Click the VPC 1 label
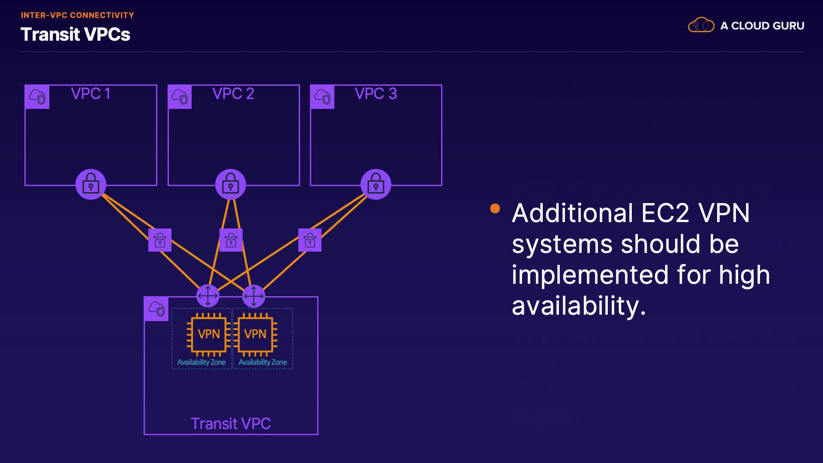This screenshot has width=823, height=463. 90,93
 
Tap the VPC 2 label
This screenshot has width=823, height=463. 233,93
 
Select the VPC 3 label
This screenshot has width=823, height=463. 375,93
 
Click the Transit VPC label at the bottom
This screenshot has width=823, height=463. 231,424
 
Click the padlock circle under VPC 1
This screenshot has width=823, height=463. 91,184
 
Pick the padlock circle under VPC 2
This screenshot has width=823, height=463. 231,184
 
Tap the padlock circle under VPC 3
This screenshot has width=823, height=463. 376,184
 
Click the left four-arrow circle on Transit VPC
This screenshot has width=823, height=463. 208,296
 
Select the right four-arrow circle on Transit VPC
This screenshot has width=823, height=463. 254,296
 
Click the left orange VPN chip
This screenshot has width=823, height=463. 208,334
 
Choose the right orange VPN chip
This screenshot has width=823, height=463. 255,334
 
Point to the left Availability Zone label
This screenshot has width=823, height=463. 201,362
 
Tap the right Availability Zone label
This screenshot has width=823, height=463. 263,362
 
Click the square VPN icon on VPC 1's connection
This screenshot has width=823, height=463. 160,240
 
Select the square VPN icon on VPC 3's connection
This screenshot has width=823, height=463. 310,240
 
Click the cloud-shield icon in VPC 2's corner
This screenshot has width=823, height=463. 180,97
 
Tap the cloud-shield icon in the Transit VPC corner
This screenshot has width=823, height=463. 156,309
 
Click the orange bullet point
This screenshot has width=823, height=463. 495,208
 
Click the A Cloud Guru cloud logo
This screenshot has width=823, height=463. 701,25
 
